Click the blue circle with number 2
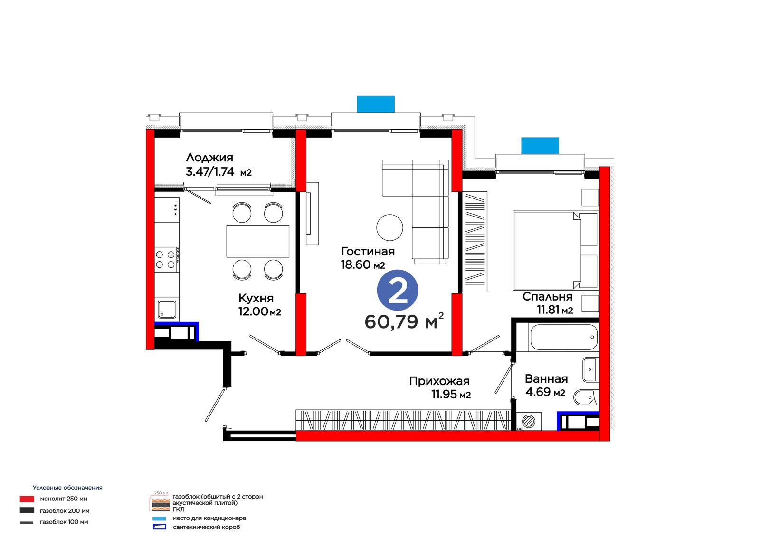(397, 291)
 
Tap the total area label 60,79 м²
(404, 321)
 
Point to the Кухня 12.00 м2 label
(259, 305)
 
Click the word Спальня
(547, 296)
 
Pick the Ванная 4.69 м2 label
(546, 386)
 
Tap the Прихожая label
(439, 381)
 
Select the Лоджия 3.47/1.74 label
(218, 165)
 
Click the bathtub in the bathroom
(563, 337)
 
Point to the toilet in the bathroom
(586, 397)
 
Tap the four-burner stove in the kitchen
(167, 260)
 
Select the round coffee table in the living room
(389, 227)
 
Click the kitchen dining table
(258, 241)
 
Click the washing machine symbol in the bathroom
(528, 421)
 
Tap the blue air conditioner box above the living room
(376, 104)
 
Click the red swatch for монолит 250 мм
(27, 499)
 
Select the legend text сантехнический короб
(206, 527)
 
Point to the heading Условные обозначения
(67, 488)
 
